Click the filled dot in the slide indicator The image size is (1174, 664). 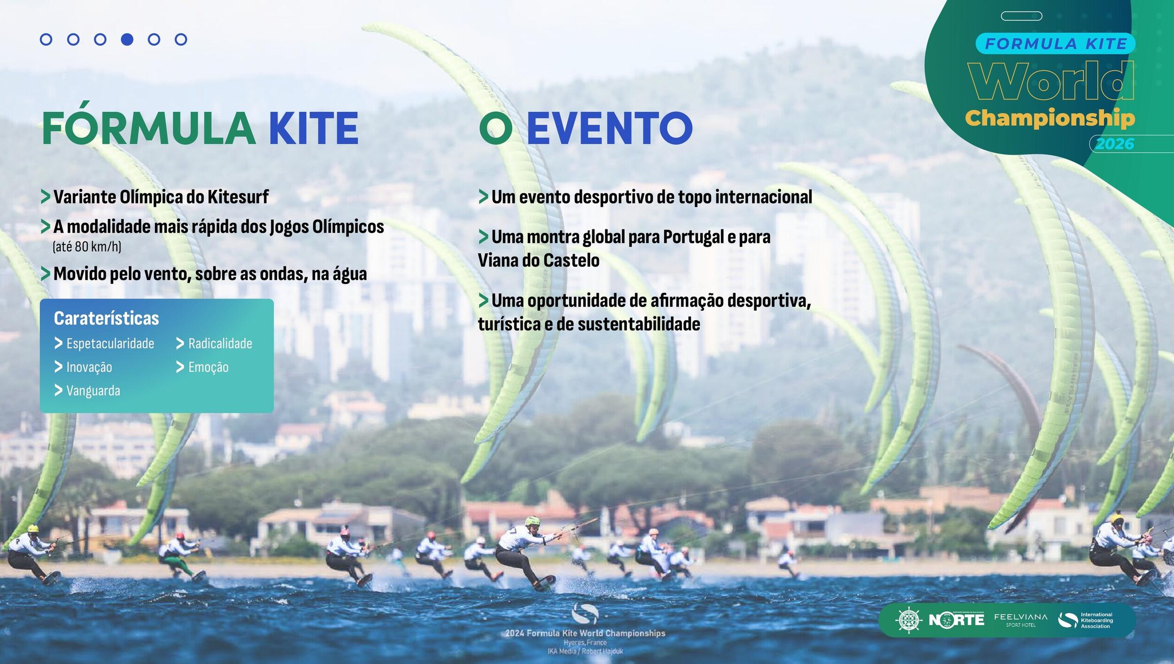coord(127,39)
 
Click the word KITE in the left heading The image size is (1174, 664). coord(314,128)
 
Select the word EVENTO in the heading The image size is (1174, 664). coord(610,128)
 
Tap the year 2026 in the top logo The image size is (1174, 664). coord(1115,144)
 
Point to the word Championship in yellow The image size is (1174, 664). coord(1050,118)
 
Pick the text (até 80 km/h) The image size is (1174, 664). coord(87,247)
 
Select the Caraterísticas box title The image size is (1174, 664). coord(107,318)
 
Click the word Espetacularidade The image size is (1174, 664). coord(110,344)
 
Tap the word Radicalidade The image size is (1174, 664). coord(220,344)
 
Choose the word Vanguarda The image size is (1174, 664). coord(93,391)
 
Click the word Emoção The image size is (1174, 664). coord(209,367)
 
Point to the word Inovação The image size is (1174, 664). coord(89,367)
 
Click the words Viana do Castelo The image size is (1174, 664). coord(539,260)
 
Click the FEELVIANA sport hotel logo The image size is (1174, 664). coord(1020,620)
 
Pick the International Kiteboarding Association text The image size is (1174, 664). coord(1097,620)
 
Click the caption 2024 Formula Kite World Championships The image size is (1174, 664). coord(585,633)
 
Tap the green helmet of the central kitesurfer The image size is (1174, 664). coord(533,521)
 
